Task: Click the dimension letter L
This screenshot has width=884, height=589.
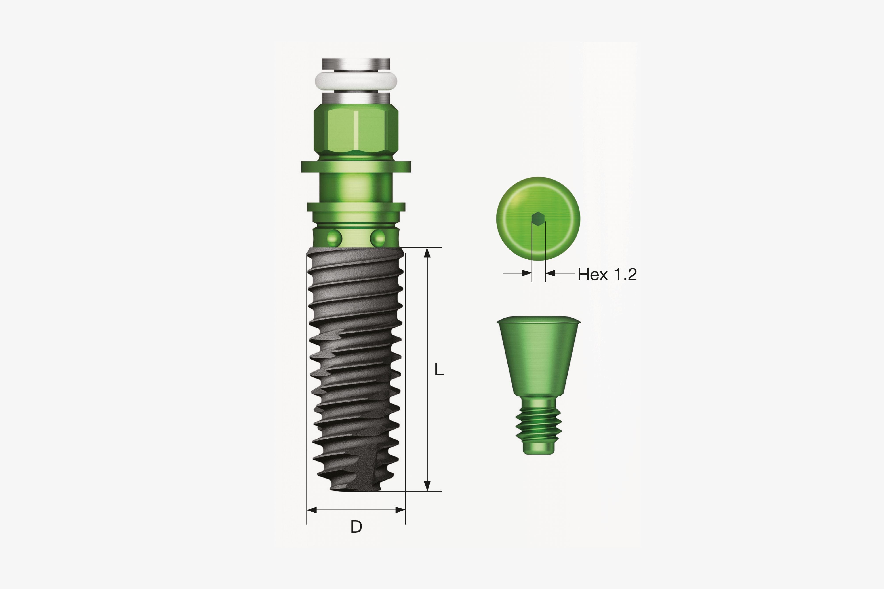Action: [439, 370]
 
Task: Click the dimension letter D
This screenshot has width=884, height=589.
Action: [356, 527]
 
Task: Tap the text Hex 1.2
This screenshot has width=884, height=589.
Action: [607, 274]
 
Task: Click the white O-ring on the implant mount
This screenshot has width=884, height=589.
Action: [356, 80]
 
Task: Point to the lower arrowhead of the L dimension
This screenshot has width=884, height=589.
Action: [427, 486]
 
